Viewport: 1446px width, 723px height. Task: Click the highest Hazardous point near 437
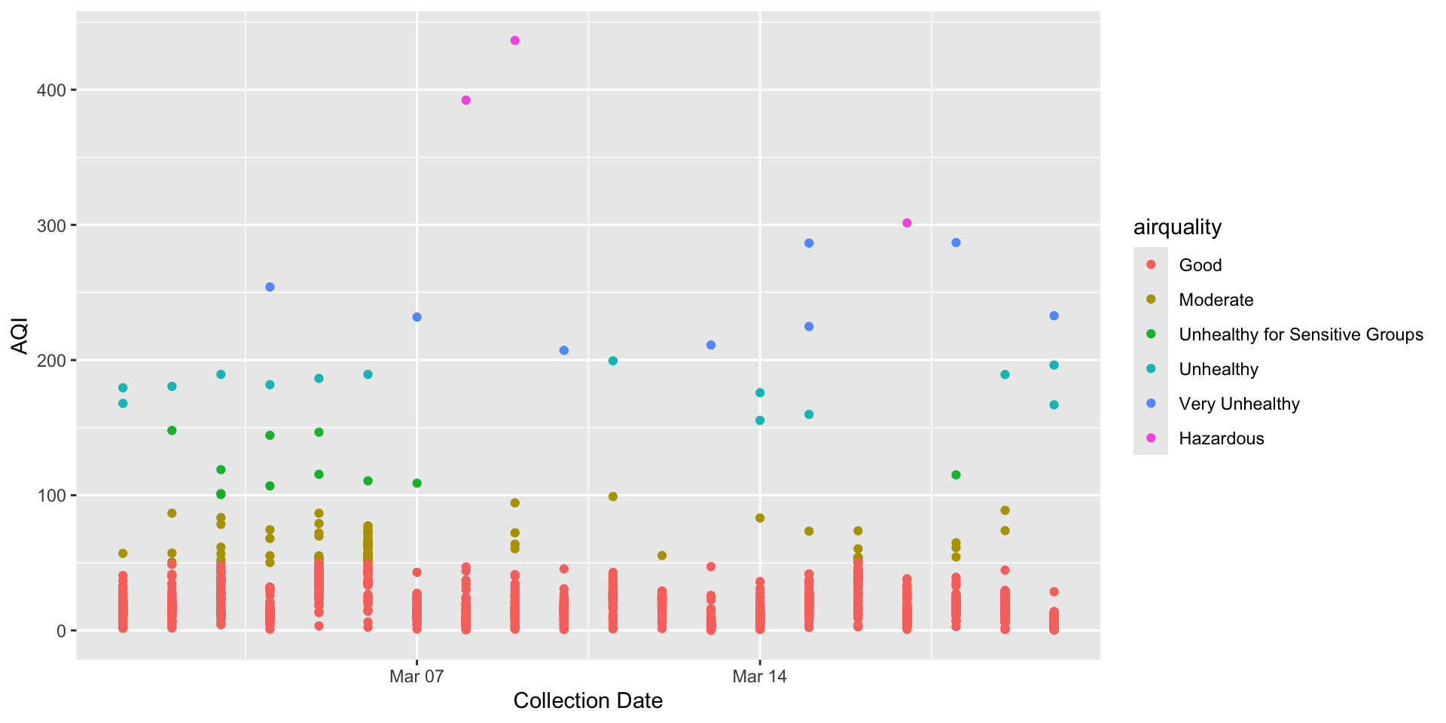pyautogui.click(x=515, y=41)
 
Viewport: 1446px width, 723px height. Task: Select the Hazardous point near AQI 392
pyautogui.click(x=466, y=100)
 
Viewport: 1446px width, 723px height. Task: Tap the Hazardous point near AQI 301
pyautogui.click(x=907, y=223)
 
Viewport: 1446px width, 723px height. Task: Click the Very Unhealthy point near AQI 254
pyautogui.click(x=270, y=287)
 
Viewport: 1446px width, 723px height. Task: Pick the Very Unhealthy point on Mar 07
pyautogui.click(x=417, y=317)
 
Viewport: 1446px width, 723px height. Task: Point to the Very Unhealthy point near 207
pyautogui.click(x=564, y=350)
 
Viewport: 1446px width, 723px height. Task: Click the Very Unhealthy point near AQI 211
pyautogui.click(x=711, y=345)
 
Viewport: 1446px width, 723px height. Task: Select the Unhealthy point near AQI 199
pyautogui.click(x=613, y=361)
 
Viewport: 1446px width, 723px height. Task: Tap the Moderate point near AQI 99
pyautogui.click(x=613, y=496)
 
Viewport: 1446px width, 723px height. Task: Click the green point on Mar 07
pyautogui.click(x=417, y=483)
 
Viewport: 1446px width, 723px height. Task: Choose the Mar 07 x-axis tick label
pyautogui.click(x=416, y=676)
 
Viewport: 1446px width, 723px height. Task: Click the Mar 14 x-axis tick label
pyautogui.click(x=759, y=676)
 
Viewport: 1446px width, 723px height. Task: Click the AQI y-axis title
pyautogui.click(x=20, y=337)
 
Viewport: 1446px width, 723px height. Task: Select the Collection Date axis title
pyautogui.click(x=587, y=701)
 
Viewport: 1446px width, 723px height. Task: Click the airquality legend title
pyautogui.click(x=1177, y=227)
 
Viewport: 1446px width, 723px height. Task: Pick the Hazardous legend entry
pyautogui.click(x=1221, y=438)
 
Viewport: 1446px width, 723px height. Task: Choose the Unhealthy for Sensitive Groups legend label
pyautogui.click(x=1301, y=334)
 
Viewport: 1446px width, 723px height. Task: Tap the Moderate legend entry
pyautogui.click(x=1216, y=300)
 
